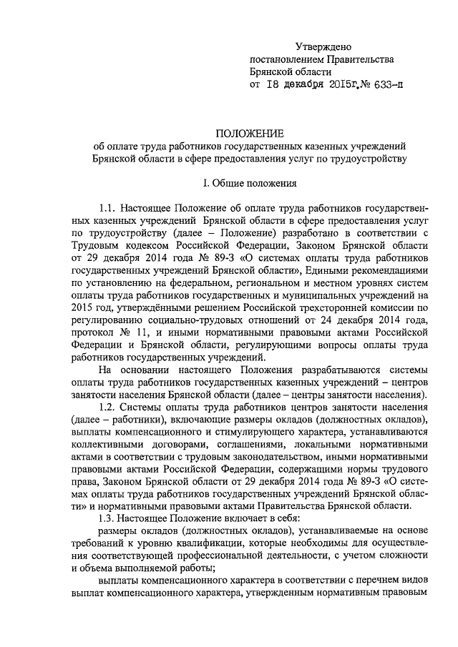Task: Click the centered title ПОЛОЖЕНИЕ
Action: pos(249,133)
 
